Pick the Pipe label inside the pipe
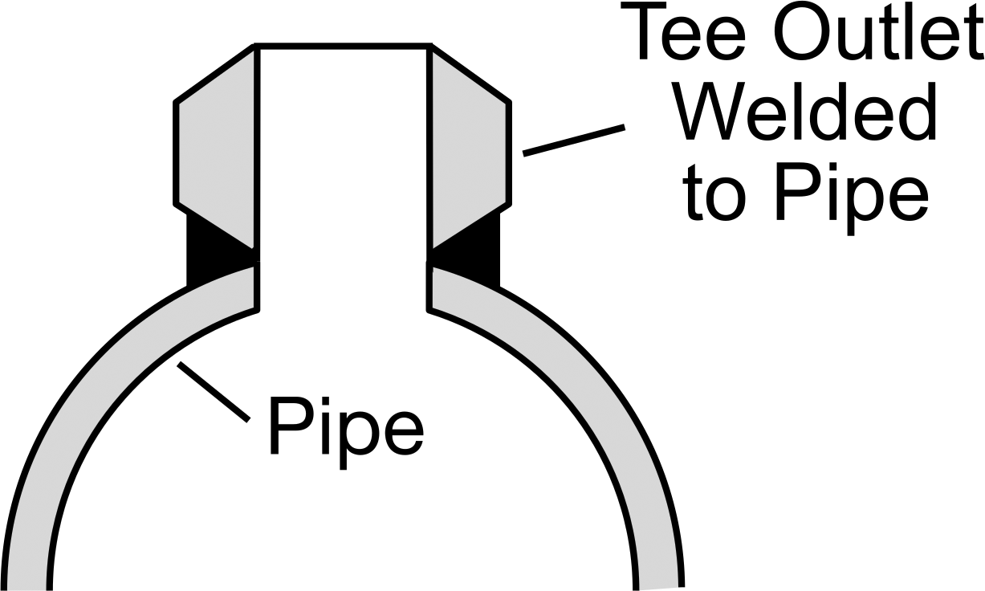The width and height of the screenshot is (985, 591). click(346, 432)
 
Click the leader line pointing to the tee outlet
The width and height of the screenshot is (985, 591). click(574, 141)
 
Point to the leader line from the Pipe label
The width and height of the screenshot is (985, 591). click(214, 392)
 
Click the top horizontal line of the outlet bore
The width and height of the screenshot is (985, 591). click(343, 47)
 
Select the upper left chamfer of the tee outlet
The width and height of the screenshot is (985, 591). click(215, 73)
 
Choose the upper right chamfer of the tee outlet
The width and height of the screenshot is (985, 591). click(470, 73)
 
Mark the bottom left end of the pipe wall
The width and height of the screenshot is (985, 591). click(26, 589)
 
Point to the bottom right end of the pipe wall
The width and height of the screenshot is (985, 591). click(659, 589)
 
